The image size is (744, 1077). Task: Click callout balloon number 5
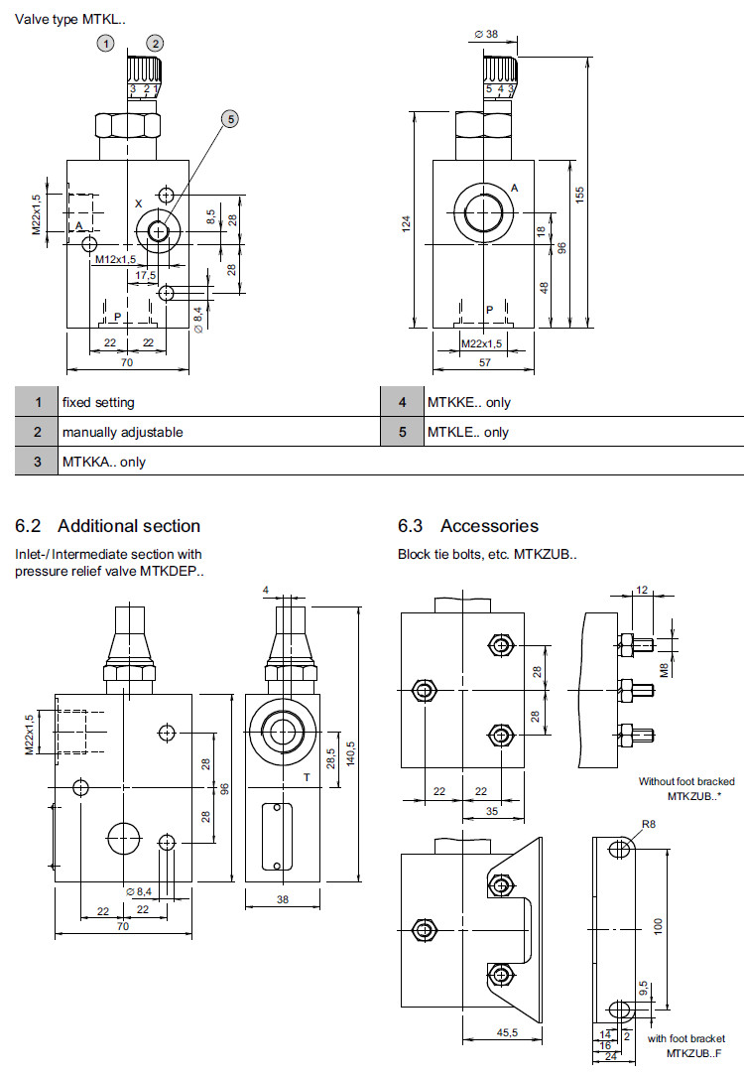coord(229,119)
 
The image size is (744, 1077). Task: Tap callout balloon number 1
coord(106,43)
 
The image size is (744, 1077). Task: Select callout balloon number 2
coord(155,43)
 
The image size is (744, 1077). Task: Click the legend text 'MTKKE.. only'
coord(469,402)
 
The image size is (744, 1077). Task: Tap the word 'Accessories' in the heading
coord(489,526)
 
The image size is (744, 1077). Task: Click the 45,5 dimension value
coord(507,1032)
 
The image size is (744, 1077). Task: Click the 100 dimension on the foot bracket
coord(658,925)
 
